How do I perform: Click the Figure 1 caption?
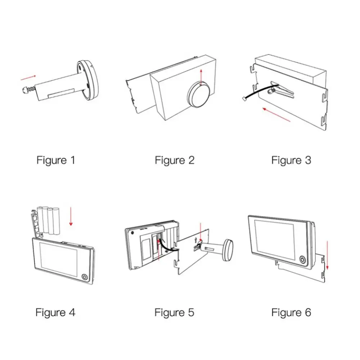coord(56,160)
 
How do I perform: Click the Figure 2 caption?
coord(175,160)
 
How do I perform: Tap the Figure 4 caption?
coord(55,312)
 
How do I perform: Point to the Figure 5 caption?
coord(174,312)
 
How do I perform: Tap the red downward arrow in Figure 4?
coord(71,216)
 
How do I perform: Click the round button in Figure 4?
coord(85,277)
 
